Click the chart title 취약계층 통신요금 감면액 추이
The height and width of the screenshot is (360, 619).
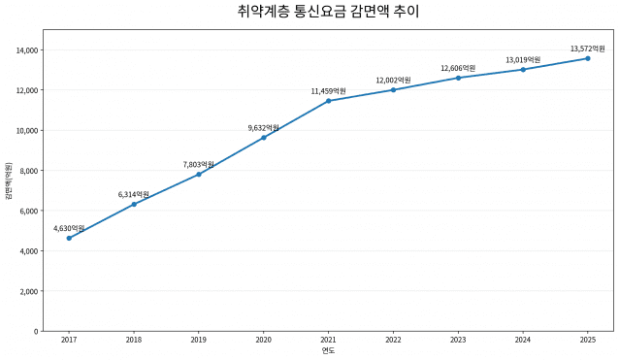pos(328,11)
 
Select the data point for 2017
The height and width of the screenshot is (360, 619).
pos(69,238)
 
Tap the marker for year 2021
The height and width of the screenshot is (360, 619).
pos(329,101)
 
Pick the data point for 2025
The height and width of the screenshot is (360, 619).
pos(588,58)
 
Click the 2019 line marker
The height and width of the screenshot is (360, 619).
pos(199,174)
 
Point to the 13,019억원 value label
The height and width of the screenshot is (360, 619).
pos(523,60)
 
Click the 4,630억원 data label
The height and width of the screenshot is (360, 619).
pos(69,228)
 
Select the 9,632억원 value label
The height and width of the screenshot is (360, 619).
pos(263,128)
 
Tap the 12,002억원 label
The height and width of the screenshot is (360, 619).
pos(393,81)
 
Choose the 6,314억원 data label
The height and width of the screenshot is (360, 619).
pos(134,194)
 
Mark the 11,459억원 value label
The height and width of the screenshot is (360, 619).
pos(329,91)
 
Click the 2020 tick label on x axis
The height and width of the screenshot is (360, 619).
pos(263,340)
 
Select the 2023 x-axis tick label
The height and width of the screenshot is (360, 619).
pos(458,340)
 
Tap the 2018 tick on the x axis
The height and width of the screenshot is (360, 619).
pos(134,340)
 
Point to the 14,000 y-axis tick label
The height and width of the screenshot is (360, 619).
pos(27,50)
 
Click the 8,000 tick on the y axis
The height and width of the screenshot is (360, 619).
pos(29,171)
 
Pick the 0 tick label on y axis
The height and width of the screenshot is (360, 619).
pos(36,331)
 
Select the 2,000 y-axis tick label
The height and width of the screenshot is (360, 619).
pos(29,291)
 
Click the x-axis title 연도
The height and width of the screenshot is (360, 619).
pos(328,350)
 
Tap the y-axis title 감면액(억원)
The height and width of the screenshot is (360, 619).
pos(9,180)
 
